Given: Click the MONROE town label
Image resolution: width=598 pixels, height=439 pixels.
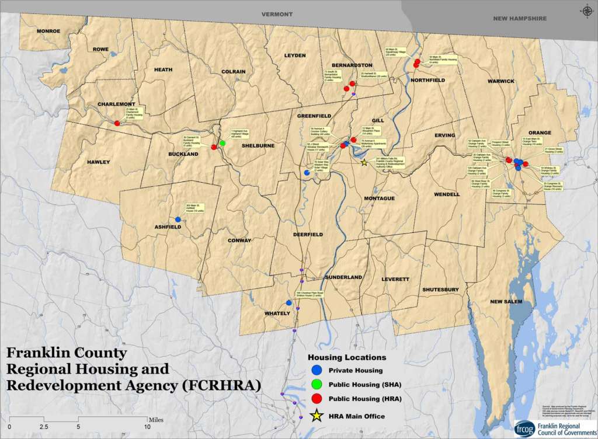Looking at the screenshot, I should [48, 31].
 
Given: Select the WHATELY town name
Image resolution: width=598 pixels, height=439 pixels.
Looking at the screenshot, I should [277, 313].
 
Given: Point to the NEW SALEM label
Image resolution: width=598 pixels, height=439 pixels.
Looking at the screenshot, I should [505, 301].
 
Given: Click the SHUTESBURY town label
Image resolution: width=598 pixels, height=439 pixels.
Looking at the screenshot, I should [440, 290].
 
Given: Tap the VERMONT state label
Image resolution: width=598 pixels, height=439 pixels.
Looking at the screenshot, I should [276, 13].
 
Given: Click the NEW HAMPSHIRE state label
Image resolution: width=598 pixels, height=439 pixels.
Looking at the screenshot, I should [519, 19].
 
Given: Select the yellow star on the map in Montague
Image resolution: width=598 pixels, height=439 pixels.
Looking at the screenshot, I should [364, 163].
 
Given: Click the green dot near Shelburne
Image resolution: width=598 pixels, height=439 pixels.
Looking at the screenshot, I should [222, 143].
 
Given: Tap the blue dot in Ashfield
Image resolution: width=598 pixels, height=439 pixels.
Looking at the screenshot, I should [178, 219].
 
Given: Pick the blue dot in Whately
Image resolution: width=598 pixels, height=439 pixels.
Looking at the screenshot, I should [288, 302].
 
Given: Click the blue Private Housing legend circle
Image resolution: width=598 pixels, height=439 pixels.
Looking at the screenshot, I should [317, 370].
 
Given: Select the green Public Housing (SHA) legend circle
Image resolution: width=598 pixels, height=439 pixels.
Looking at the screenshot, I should [317, 385].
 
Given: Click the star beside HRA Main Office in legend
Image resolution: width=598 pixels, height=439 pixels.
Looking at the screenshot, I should [317, 416].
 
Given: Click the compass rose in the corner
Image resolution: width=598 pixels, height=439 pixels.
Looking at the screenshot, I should [585, 11].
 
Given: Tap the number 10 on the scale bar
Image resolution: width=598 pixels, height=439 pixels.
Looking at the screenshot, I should [147, 427].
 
